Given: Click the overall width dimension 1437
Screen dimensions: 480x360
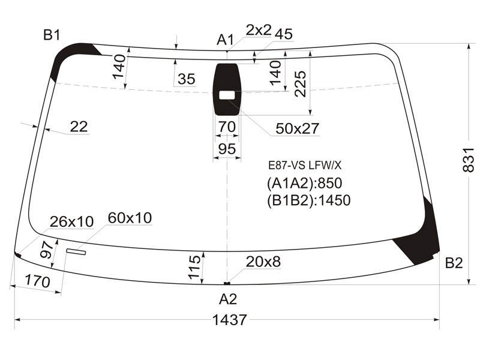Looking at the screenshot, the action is click(229, 320).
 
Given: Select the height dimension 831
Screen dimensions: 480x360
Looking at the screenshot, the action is click(469, 160).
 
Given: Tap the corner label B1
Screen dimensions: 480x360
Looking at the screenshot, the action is click(52, 35).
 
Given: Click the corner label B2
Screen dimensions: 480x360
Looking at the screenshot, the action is click(454, 263).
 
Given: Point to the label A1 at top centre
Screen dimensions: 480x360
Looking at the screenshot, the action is click(226, 40).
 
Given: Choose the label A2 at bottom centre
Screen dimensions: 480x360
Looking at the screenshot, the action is click(228, 299).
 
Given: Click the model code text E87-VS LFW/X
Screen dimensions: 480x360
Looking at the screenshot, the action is click(305, 166).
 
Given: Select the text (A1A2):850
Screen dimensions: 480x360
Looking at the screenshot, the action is click(305, 184).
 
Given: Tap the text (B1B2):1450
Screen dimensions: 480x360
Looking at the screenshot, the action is click(309, 200).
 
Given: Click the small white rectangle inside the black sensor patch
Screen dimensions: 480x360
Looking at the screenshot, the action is click(227, 95).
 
